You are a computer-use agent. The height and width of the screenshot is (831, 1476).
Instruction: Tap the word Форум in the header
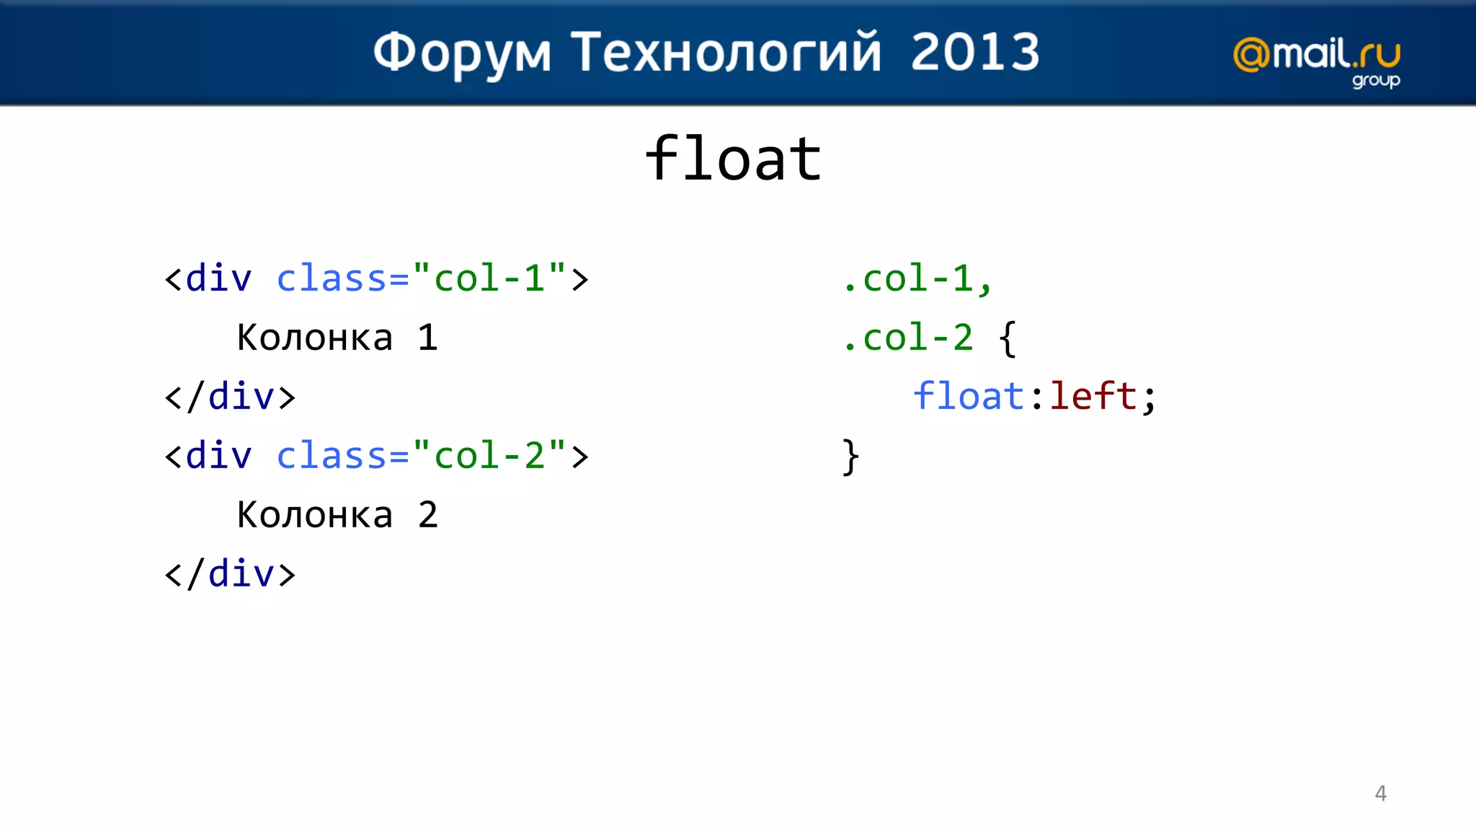[x=462, y=53]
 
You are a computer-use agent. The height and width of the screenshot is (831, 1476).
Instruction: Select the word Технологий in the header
[x=726, y=53]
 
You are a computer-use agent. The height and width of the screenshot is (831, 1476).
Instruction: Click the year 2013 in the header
[x=975, y=52]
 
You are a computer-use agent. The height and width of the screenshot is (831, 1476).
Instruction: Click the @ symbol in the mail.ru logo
[x=1252, y=56]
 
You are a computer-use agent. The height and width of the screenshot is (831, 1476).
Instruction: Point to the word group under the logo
[x=1375, y=80]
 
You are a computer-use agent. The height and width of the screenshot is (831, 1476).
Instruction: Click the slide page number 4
[x=1380, y=793]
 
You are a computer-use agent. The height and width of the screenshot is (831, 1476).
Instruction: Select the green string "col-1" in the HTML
[x=489, y=278]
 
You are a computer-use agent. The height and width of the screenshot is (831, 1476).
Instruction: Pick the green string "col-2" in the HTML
[x=489, y=455]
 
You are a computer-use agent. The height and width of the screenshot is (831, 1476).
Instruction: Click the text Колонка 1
[x=337, y=338]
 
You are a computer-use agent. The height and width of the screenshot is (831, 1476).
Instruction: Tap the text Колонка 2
[x=337, y=515]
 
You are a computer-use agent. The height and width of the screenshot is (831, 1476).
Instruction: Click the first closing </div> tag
[x=230, y=397]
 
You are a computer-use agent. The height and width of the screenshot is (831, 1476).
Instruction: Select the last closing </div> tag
[x=230, y=574]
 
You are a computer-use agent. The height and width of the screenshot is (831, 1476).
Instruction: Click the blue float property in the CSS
[x=968, y=396]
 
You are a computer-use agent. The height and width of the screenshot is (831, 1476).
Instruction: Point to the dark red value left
[x=1093, y=396]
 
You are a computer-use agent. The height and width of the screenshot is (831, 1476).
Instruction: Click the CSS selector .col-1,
[x=917, y=278]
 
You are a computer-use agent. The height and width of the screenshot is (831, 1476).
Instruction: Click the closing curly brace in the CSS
[x=850, y=457]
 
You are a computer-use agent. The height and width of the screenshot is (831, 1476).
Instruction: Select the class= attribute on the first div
[x=342, y=278]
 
